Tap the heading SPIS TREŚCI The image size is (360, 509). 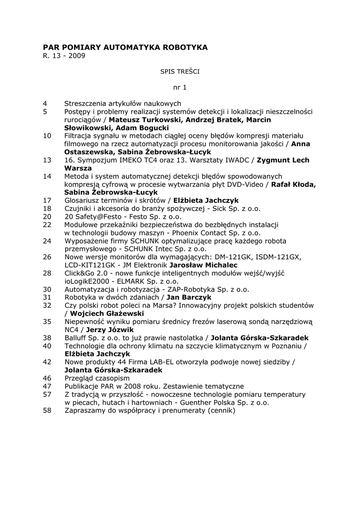(180, 72)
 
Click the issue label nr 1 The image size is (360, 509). (180, 87)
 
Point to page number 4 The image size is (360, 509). (45, 103)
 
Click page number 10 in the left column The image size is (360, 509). (47, 136)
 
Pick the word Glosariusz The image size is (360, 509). (83, 200)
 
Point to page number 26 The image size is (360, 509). (47, 257)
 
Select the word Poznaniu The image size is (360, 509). (285, 345)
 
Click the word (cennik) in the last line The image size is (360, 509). (221, 410)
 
